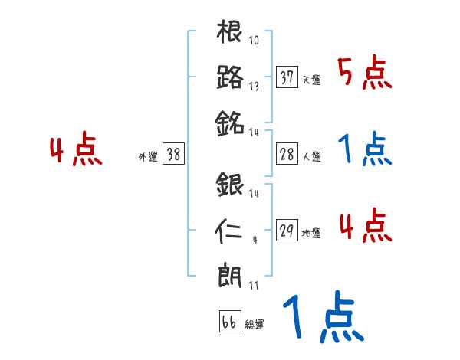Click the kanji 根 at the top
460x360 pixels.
click(x=230, y=34)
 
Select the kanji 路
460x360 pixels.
click(x=230, y=77)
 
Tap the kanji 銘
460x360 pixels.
click(x=230, y=122)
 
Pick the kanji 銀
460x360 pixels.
click(x=230, y=186)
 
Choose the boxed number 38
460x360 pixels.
click(x=173, y=154)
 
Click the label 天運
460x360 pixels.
click(x=311, y=80)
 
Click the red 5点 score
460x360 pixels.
click(x=365, y=74)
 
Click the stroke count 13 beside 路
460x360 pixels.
click(x=254, y=87)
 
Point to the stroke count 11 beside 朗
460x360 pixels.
click(x=253, y=286)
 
